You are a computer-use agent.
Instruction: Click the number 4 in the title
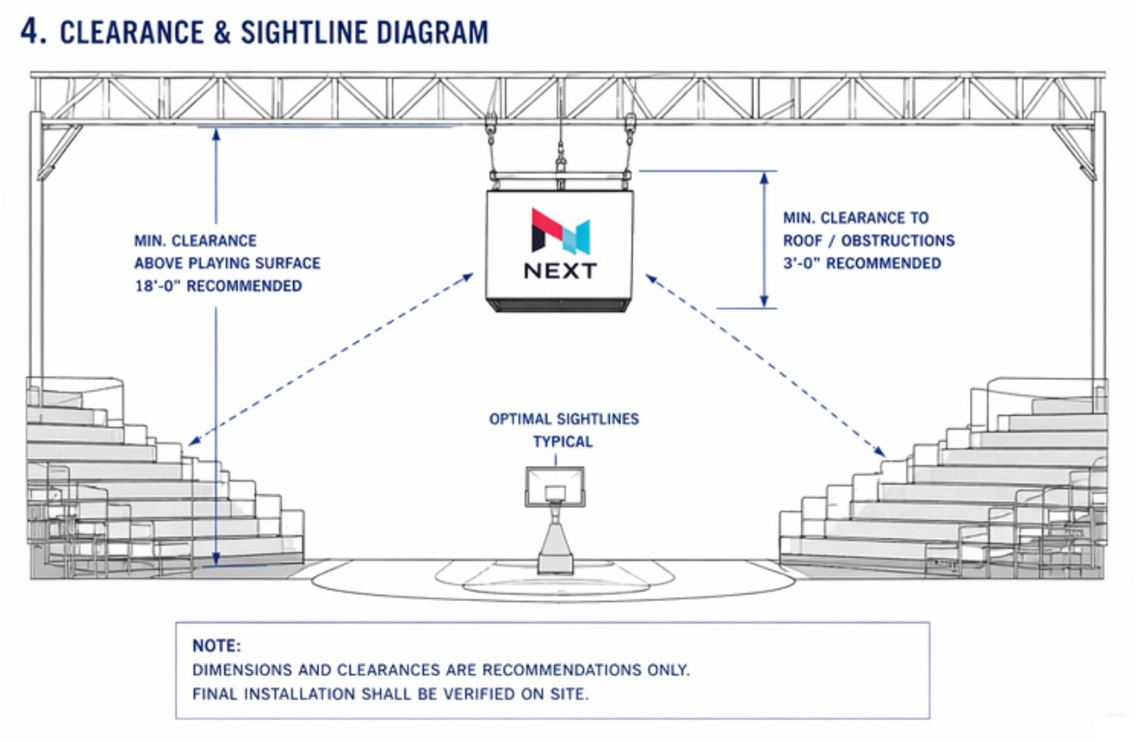tap(31, 31)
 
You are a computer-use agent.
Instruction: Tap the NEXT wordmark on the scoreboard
tap(560, 271)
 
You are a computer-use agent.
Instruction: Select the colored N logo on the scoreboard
tap(560, 231)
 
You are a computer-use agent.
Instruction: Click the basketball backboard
tap(554, 487)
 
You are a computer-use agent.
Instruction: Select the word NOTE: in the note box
tap(217, 647)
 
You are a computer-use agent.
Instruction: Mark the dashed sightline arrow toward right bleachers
tap(766, 364)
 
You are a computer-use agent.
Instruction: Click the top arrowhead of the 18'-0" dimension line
tap(216, 135)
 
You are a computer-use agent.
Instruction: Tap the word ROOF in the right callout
tap(805, 241)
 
